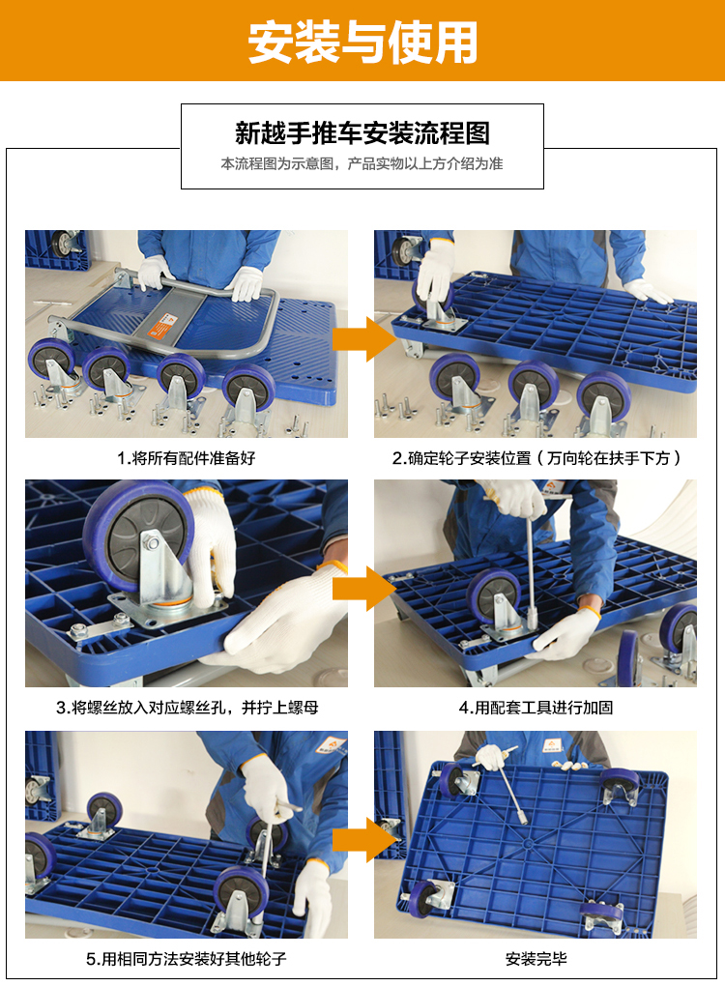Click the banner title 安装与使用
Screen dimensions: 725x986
tap(362, 43)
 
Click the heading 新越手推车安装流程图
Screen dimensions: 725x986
tap(362, 132)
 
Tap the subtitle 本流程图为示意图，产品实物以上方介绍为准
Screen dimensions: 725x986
tap(362, 164)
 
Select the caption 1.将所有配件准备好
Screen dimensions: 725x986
tap(187, 458)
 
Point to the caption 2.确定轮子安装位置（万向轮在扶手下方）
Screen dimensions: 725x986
tap(536, 458)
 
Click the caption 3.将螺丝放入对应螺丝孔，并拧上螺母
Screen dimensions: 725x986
tap(187, 708)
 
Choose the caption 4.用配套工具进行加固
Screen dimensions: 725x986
tap(536, 708)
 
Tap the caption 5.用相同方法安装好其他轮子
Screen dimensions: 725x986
tap(187, 959)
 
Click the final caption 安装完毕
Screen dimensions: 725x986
tap(536, 959)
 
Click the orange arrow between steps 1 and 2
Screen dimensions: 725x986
tap(361, 339)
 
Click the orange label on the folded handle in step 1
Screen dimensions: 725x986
tap(162, 327)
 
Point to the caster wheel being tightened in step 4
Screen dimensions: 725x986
tap(493, 596)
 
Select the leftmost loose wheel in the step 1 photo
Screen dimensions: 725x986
tap(50, 361)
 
